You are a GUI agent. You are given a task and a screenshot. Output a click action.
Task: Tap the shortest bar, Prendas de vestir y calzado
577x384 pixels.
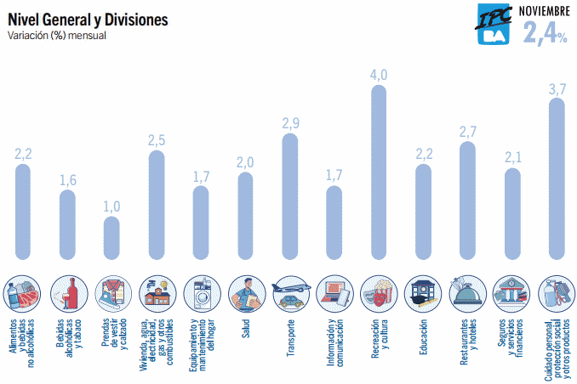click(x=111, y=238)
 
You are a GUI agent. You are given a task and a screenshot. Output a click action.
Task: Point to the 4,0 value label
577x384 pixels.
click(x=379, y=75)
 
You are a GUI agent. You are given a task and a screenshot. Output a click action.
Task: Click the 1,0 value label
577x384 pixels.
click(x=111, y=206)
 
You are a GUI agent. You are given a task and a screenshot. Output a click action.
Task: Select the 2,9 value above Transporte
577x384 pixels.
click(x=290, y=123)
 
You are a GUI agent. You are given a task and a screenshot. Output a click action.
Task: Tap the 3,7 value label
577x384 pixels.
click(x=557, y=88)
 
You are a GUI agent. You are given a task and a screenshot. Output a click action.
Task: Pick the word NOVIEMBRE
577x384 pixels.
click(x=545, y=9)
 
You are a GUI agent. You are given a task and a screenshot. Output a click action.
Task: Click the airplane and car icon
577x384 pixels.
click(x=289, y=293)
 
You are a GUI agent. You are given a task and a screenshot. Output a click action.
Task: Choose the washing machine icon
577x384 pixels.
click(x=201, y=293)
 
